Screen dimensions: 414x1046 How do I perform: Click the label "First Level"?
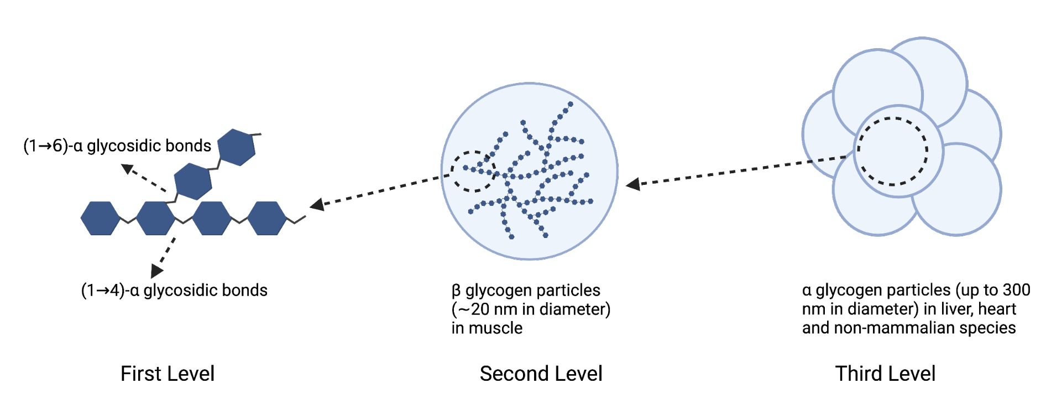pyautogui.click(x=167, y=374)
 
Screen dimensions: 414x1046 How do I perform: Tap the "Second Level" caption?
pyautogui.click(x=541, y=374)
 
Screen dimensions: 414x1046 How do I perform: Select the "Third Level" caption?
pyautogui.click(x=885, y=374)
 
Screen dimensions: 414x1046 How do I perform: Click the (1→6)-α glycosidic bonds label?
pyautogui.click(x=117, y=146)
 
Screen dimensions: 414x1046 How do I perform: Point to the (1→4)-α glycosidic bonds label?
pyautogui.click(x=174, y=290)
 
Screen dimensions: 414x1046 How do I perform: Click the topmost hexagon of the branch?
pyautogui.click(x=237, y=147)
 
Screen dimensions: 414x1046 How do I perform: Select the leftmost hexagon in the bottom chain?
pyautogui.click(x=100, y=218)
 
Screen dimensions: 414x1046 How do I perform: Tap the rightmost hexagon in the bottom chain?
pyautogui.click(x=267, y=218)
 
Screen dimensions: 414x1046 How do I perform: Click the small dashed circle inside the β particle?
pyautogui.click(x=473, y=171)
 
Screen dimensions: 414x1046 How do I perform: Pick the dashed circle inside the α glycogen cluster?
pyautogui.click(x=892, y=151)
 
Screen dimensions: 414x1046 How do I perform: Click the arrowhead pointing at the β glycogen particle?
pyautogui.click(x=634, y=184)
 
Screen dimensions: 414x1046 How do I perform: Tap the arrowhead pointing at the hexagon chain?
pyautogui.click(x=317, y=205)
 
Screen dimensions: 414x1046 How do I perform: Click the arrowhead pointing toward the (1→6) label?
pyautogui.click(x=128, y=169)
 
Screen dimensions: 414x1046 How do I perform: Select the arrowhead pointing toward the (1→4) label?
pyautogui.click(x=156, y=270)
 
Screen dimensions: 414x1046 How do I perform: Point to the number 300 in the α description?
pyautogui.click(x=1016, y=290)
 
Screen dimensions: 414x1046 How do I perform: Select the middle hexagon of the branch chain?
pyautogui.click(x=193, y=181)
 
